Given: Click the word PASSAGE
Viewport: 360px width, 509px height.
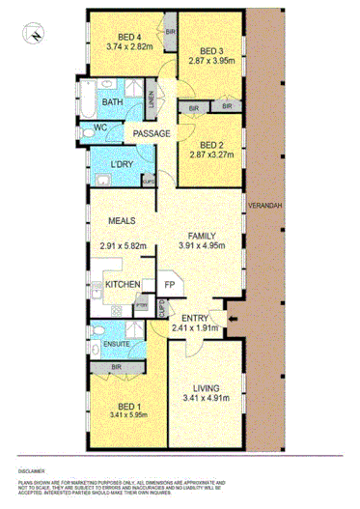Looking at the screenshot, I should tap(151, 133).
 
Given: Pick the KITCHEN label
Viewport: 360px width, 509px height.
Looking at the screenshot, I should tap(124, 284).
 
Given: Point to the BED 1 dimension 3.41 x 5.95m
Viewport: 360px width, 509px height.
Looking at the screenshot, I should tap(122, 417).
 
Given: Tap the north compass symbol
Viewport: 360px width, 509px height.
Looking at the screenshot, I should tap(35, 35).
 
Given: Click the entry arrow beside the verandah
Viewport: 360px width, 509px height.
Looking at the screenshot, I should tap(224, 317).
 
